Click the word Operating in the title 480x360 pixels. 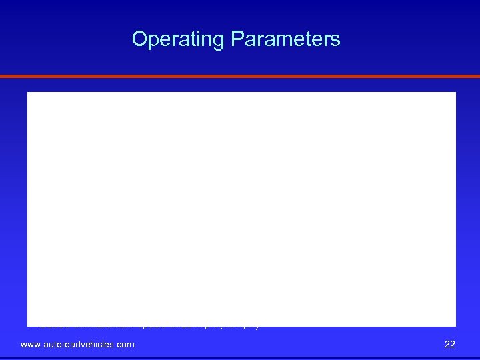[x=179, y=40]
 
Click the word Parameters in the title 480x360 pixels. [x=285, y=39]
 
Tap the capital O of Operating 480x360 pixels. [x=140, y=39]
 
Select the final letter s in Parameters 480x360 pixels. [x=335, y=40]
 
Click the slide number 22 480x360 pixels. [x=449, y=344]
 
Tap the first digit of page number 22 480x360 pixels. [x=447, y=344]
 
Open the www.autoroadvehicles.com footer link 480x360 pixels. [x=77, y=344]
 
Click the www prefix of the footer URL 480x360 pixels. [x=31, y=345]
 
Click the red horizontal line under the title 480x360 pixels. [x=240, y=77]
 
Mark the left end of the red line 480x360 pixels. [x=2, y=77]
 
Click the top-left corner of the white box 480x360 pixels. [x=28, y=93]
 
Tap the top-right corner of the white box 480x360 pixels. [x=455, y=93]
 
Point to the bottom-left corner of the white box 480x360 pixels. [x=28, y=325]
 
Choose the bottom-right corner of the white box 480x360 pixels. [x=455, y=325]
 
